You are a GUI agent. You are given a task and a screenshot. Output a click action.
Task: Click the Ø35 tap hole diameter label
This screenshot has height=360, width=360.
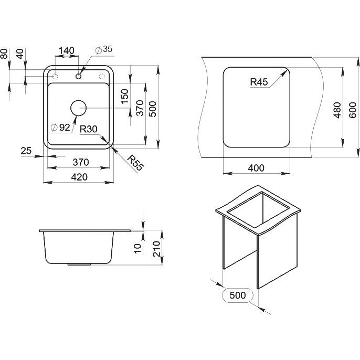coord(104,50)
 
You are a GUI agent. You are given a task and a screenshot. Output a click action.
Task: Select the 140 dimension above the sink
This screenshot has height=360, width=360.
coord(67,50)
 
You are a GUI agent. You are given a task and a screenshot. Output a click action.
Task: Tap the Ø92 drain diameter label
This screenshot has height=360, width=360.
coord(60,127)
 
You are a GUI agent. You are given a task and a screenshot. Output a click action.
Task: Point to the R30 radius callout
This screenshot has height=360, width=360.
coord(89,129)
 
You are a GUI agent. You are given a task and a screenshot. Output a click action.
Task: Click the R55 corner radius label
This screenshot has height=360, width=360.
coord(135,163)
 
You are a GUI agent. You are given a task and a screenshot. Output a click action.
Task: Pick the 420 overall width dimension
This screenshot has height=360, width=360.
coord(79,177)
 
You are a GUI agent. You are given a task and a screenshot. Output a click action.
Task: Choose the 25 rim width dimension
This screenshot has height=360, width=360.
coord(26,151)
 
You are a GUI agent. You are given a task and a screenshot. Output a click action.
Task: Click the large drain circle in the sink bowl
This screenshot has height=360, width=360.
coord(78,108)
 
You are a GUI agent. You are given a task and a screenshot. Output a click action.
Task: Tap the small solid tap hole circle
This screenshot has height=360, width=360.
coord(79,76)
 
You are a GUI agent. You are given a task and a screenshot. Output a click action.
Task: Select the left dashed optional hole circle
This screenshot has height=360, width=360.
coord(55,76)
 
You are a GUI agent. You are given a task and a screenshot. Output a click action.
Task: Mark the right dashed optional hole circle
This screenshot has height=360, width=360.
coord(102,76)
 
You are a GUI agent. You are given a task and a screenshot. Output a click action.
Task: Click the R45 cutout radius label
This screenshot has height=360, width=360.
coord(259,82)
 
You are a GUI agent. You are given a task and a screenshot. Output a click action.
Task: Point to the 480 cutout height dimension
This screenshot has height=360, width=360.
coord(337,110)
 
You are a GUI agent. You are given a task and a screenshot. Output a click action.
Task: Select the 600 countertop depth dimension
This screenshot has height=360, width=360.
coord(353,110)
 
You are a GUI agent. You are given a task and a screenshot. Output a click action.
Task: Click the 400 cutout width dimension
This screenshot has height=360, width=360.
coord(256,168)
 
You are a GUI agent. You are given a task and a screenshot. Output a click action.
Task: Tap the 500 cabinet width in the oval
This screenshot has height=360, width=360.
coord(237,295)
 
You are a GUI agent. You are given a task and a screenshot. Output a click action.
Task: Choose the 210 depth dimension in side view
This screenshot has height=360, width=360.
coord(156,249)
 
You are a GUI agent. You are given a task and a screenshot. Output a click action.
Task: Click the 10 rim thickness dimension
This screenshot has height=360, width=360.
coord(137,249)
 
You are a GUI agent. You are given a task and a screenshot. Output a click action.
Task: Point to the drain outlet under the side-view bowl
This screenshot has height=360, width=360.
coord(79,264)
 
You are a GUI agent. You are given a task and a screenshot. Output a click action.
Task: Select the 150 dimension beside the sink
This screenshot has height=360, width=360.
coord(124,97)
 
